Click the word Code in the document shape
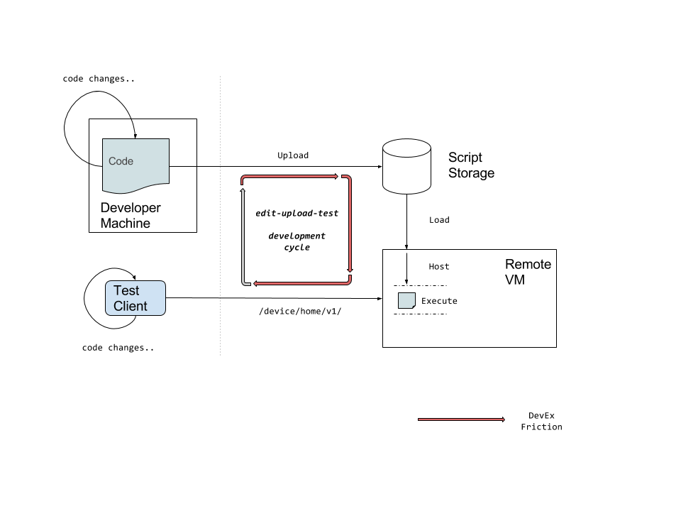coord(121,161)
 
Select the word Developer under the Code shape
coord(131,208)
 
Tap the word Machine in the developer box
coord(125,224)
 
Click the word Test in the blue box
coord(126,290)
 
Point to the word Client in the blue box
coord(131,306)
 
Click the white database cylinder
coord(406,167)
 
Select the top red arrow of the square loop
coord(291,176)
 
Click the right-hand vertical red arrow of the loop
coord(350,224)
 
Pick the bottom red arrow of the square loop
coord(301,283)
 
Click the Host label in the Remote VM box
coord(439,267)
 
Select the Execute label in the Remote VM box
coord(439,301)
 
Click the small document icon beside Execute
coord(406,301)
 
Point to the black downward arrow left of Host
coord(406,268)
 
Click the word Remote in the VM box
coord(528,264)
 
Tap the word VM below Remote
coord(515,280)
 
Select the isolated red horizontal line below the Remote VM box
coord(461,419)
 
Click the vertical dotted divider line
coord(220,213)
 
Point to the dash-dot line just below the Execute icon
coord(420,314)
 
